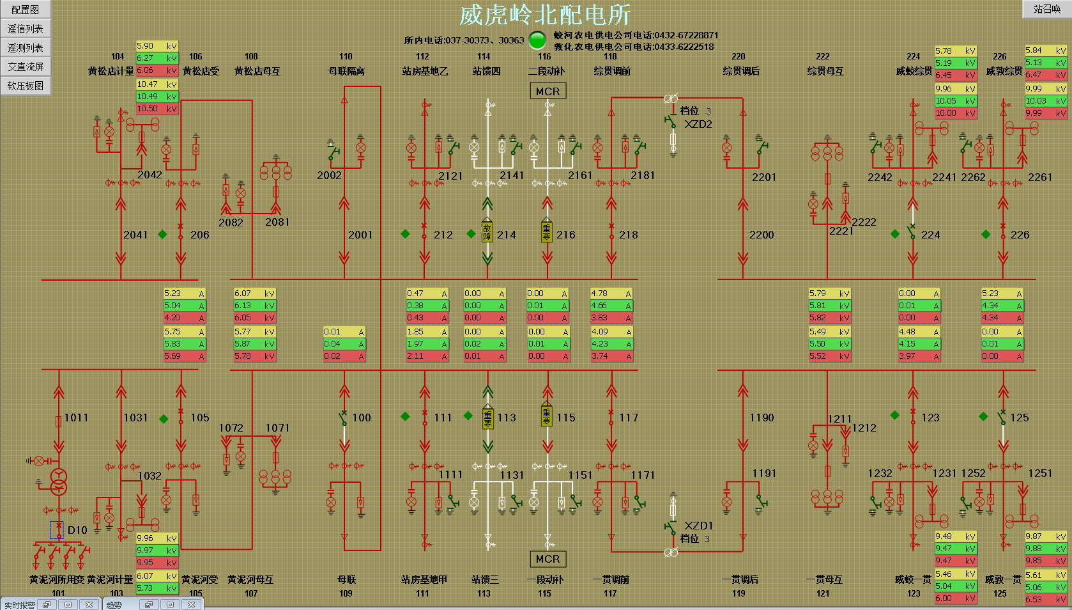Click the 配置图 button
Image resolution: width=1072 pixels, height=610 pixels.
[x=25, y=10]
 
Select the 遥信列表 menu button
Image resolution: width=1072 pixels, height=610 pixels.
[x=25, y=29]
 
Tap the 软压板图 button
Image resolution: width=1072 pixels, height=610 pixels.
[x=25, y=86]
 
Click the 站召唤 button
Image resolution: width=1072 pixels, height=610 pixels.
[x=1046, y=9]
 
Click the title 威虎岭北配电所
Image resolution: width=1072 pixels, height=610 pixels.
[x=545, y=15]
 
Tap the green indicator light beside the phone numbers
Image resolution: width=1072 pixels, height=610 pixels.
[x=538, y=40]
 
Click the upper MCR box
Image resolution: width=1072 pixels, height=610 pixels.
[x=547, y=91]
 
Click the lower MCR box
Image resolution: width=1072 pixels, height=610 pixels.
[x=547, y=559]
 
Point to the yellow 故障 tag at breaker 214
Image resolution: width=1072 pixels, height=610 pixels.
[x=487, y=231]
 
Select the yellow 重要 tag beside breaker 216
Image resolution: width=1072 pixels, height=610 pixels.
[x=547, y=231]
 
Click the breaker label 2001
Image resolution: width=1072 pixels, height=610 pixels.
[x=360, y=235]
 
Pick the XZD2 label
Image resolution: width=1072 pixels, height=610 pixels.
[x=698, y=124]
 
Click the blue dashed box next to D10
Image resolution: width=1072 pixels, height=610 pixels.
[x=57, y=530]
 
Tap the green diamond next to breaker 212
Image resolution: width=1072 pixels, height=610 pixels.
[x=405, y=234]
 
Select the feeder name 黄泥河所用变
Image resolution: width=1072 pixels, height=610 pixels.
[x=57, y=579]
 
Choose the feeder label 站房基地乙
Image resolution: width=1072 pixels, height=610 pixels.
[x=425, y=71]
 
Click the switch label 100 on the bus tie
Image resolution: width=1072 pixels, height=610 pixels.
[x=362, y=418]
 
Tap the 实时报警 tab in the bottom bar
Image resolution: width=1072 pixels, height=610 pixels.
[x=20, y=605]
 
